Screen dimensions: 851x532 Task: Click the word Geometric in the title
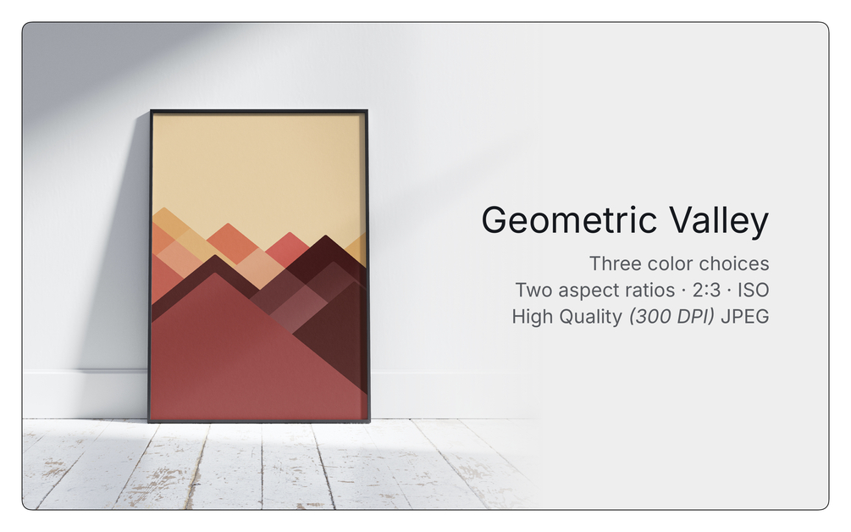[569, 221]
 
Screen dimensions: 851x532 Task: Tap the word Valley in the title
[719, 221]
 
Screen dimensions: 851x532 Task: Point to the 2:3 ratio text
[707, 291]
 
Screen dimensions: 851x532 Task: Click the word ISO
[754, 291]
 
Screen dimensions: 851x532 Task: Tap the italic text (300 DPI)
[671, 317]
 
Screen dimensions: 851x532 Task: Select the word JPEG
[745, 317]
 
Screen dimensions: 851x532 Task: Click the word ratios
[646, 291]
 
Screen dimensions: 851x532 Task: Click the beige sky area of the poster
[257, 169]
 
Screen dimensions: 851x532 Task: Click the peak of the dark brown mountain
[326, 236]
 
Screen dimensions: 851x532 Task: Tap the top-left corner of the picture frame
[151, 110]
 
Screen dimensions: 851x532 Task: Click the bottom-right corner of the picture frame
[369, 422]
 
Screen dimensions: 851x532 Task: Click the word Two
[534, 291]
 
